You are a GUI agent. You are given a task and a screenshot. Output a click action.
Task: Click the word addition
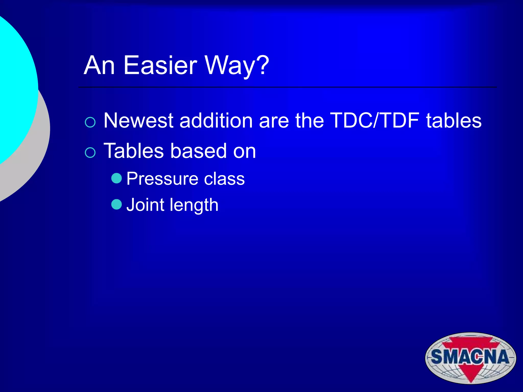coord(216,120)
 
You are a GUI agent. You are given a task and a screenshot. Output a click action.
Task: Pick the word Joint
coord(145,205)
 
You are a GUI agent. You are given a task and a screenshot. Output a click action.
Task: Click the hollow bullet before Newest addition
coord(90,122)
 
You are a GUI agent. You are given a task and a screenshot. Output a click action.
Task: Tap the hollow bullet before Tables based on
coord(90,153)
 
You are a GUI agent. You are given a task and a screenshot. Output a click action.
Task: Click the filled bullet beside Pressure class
coord(117,178)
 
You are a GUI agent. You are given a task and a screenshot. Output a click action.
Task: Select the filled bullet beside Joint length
coord(117,204)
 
